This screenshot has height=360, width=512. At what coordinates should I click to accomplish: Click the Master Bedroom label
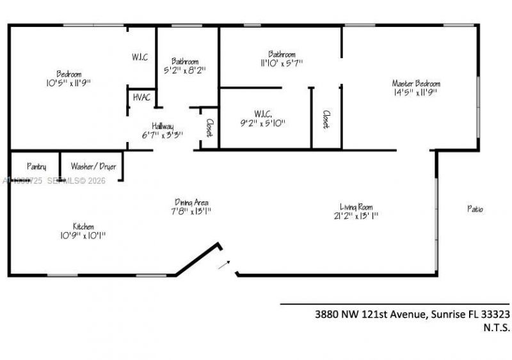point(416,83)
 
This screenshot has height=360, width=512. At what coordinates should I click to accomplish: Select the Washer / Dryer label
point(93,166)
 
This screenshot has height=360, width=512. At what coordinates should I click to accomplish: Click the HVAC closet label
point(141,97)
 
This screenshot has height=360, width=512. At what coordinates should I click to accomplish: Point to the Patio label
point(475,208)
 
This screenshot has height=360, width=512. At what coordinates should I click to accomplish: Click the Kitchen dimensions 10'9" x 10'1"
point(83,235)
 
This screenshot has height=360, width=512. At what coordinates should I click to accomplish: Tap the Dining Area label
point(191,202)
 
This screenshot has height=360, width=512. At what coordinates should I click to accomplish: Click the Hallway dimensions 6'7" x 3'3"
point(163,135)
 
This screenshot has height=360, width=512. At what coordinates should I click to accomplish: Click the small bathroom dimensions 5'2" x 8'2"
point(184,70)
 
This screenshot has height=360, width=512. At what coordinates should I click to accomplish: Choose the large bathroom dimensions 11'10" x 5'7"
point(282,63)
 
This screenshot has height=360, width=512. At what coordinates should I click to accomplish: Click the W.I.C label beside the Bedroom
point(140,57)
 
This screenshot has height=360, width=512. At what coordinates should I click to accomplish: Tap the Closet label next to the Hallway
point(209,129)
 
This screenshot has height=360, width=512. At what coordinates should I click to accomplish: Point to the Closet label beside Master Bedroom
point(326,119)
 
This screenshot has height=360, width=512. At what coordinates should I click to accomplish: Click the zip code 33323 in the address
point(495,314)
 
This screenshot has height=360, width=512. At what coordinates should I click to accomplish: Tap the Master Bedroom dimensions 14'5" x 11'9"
point(416,92)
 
